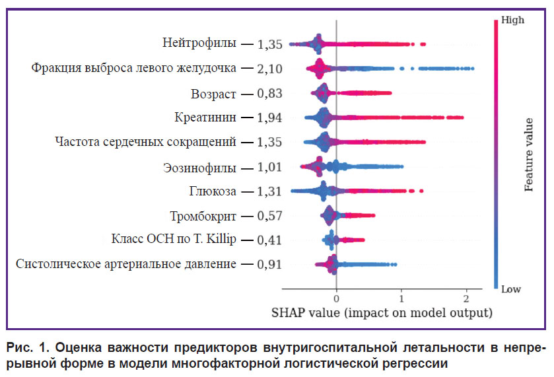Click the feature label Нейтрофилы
199,44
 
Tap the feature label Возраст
213,93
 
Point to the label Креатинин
205,118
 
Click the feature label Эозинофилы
199,167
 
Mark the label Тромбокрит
203,216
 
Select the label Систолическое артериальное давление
125,265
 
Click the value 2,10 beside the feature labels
270,69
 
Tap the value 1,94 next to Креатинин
270,118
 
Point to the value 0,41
270,240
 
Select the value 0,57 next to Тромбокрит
270,217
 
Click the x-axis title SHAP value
382,311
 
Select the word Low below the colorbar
511,290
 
